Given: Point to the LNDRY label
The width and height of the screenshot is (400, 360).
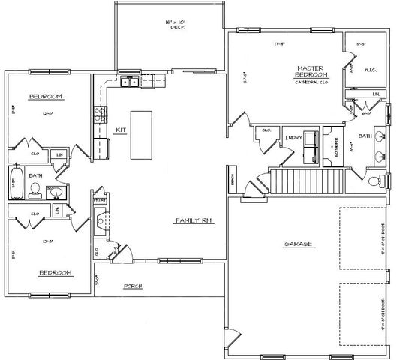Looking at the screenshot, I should [293, 138].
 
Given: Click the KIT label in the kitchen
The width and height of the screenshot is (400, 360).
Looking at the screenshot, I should [118, 130].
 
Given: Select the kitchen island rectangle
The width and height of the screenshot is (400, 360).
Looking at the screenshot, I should [142, 135].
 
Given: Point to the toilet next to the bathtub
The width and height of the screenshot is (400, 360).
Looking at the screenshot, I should [35, 193].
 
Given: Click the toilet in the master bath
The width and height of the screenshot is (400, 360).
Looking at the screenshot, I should [376, 180].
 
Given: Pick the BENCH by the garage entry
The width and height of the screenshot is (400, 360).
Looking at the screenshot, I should [234, 182].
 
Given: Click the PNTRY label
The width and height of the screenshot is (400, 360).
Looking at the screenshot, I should [98, 201].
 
